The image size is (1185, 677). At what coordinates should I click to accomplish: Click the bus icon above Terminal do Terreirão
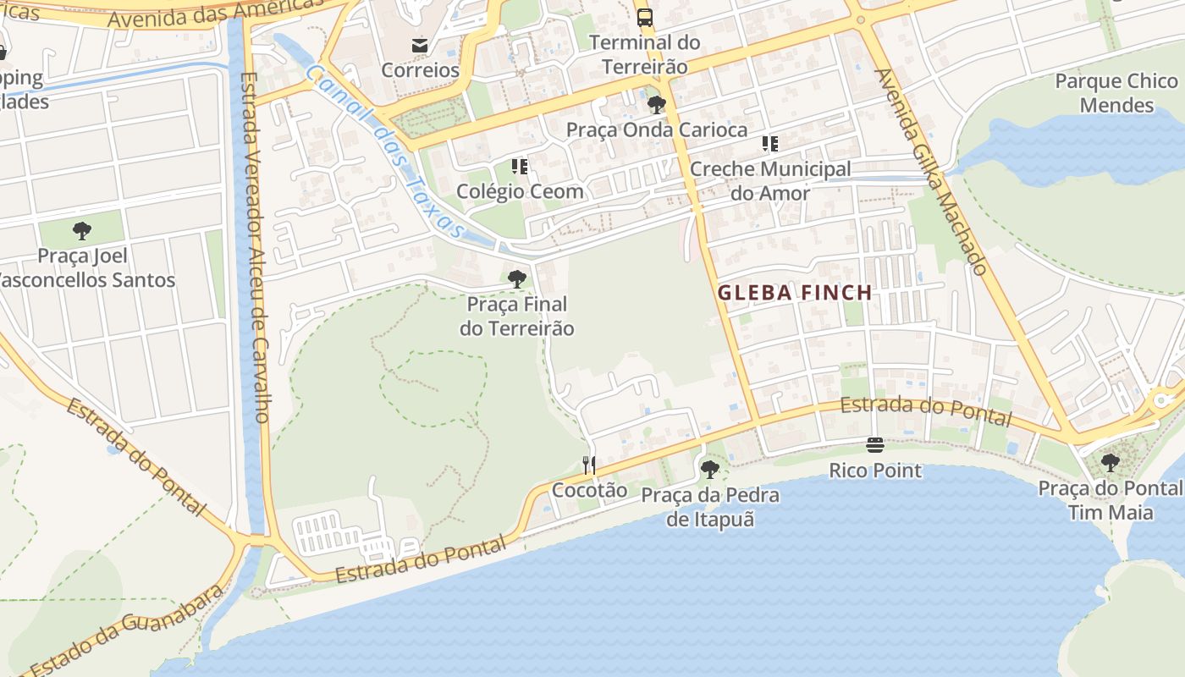pos(645,17)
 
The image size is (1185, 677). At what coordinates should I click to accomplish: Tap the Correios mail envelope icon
pos(420,45)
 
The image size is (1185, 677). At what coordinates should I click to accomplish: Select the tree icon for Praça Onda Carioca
pos(656,105)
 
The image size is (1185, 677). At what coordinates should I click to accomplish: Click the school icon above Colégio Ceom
pos(520,167)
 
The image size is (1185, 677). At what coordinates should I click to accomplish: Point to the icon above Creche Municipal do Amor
pos(769,144)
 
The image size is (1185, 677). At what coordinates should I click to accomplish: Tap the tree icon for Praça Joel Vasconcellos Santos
pos(82,230)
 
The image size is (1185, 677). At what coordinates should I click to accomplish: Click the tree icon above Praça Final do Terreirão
pos(516,278)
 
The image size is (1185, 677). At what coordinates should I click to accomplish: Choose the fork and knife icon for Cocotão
pos(589,465)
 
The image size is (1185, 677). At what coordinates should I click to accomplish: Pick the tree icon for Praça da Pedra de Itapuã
pos(710,469)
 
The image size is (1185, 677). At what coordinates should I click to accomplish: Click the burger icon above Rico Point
pos(875,445)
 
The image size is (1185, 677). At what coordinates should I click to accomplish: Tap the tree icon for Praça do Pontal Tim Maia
pos(1110,463)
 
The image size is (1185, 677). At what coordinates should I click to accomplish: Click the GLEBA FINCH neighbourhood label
pos(795,293)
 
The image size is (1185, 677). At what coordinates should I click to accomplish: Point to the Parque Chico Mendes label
pos(1116,93)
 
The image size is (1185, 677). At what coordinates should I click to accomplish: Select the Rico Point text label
pos(875,471)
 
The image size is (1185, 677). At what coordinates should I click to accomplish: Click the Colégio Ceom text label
pos(520,191)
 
